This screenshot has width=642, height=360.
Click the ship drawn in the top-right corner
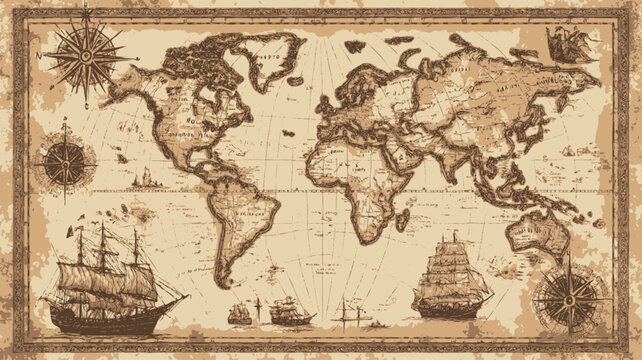pyautogui.click(x=566, y=44)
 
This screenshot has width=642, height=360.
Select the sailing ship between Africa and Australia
pyautogui.click(x=451, y=274)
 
